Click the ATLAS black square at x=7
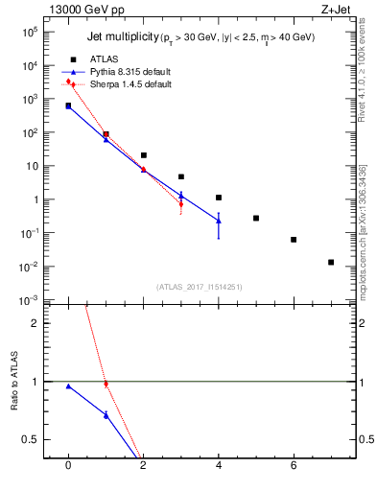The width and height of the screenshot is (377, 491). (331, 262)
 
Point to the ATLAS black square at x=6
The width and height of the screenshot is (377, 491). (294, 240)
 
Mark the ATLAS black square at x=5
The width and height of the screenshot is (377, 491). (256, 218)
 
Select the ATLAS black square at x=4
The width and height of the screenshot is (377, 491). (219, 198)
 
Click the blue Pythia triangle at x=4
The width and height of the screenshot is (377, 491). (219, 221)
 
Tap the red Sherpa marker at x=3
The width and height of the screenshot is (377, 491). (180, 203)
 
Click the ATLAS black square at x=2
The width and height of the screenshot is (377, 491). (143, 154)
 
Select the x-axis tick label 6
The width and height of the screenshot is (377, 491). (294, 467)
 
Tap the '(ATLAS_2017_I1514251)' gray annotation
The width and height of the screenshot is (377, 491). (200, 287)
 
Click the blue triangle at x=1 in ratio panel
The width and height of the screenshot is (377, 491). (106, 414)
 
